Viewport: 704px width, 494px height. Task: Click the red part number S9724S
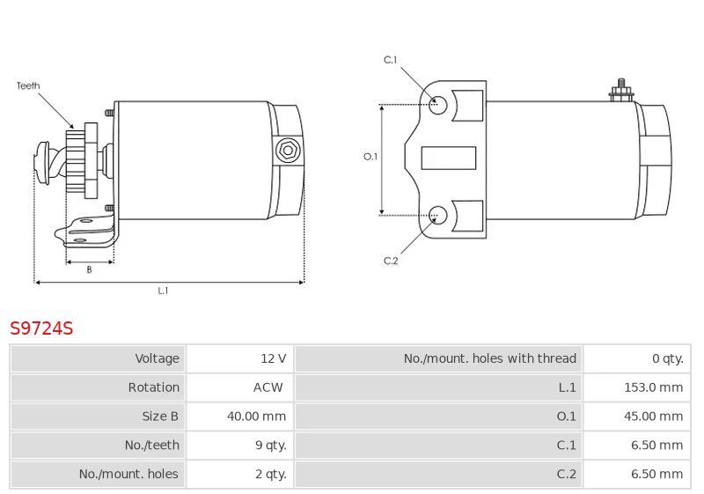(x=41, y=328)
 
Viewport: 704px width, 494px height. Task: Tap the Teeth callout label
(x=28, y=85)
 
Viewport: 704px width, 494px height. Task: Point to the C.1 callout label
(x=391, y=60)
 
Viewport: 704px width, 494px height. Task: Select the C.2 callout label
(x=391, y=261)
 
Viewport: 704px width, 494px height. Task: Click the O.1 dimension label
(x=370, y=157)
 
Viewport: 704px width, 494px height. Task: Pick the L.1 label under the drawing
(x=163, y=291)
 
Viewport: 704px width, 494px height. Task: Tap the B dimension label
(x=90, y=269)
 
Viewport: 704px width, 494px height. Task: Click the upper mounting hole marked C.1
(x=437, y=105)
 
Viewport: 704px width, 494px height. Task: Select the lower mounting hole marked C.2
(x=437, y=216)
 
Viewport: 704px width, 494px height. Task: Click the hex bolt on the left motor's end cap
(x=288, y=151)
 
